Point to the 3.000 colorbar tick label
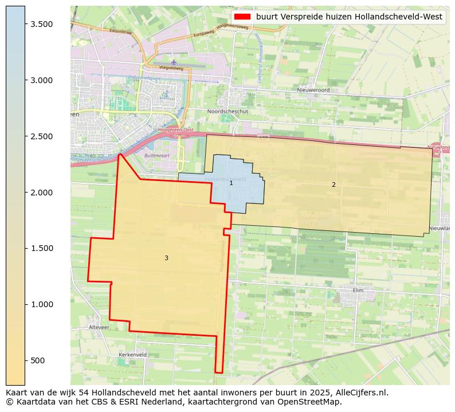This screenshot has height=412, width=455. click(42, 80)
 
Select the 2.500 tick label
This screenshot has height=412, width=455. click(42, 136)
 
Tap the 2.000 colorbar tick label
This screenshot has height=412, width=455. click(42, 193)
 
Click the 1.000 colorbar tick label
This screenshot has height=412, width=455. click(42, 304)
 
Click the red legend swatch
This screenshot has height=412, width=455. click(242, 17)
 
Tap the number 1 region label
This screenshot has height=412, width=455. click(231, 183)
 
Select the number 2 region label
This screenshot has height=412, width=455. click(334, 185)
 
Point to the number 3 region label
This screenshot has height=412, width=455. click(166, 258)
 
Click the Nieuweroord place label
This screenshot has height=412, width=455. click(313, 90)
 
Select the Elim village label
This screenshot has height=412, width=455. click(358, 290)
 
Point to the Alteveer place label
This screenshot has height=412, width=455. click(99, 327)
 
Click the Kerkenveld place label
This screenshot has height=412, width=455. click(132, 355)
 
